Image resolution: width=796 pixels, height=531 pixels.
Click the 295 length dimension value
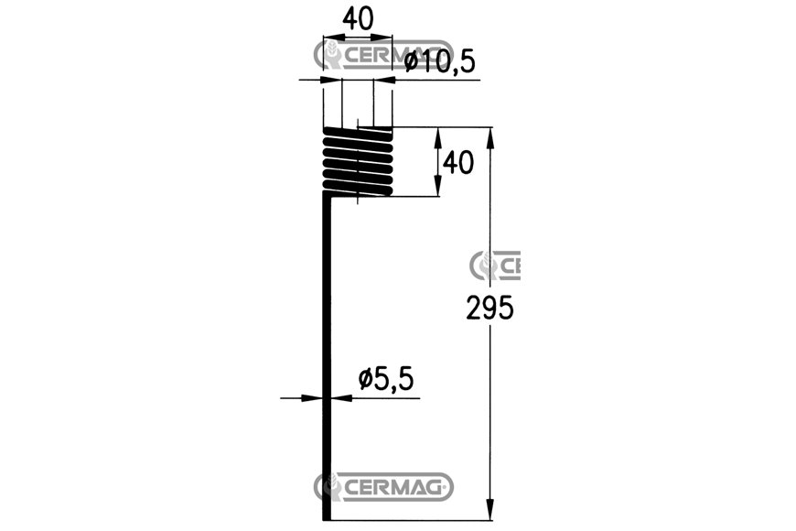489,308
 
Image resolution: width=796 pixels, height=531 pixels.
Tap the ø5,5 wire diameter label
386,379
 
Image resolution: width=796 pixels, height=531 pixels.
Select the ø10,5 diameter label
440,62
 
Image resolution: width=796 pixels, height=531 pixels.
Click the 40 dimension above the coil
358,19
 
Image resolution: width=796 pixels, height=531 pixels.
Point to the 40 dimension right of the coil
458,163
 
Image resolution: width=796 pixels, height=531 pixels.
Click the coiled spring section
358,161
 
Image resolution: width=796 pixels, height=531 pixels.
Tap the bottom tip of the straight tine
327,519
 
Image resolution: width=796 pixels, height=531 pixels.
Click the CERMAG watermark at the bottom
383,487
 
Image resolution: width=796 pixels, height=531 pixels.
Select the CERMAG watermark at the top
383,54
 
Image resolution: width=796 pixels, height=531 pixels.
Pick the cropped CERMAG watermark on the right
495,265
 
